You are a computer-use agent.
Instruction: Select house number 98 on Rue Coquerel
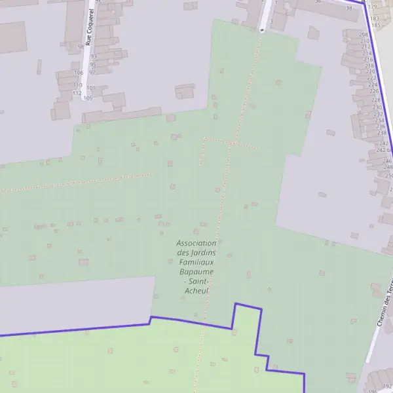tap(81, 47)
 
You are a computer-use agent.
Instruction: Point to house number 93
tap(93, 56)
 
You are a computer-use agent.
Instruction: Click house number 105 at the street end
tap(87, 98)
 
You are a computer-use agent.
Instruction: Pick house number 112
tap(77, 92)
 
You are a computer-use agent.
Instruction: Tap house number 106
tap(79, 72)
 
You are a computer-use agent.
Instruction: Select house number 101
tap(90, 88)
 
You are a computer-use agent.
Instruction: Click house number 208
tap(364, 33)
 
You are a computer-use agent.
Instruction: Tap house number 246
tap(387, 160)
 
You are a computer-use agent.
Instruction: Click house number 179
tap(373, 7)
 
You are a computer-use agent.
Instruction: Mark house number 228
tap(376, 100)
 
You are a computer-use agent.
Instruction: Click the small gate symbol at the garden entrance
tap(262, 29)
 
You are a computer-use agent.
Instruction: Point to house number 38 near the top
tap(349, 8)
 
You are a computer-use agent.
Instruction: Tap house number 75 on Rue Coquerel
tap(98, 2)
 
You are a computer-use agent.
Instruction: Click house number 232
tap(379, 114)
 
